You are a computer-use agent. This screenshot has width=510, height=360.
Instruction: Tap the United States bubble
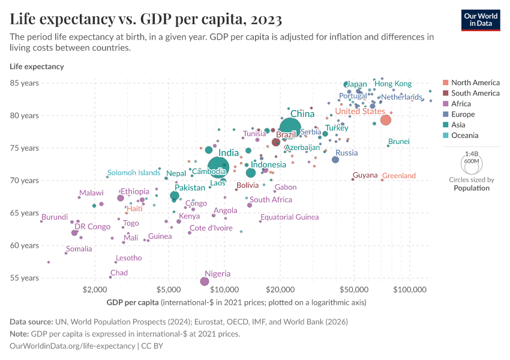click(x=386, y=119)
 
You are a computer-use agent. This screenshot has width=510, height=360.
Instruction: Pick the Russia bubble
click(x=335, y=160)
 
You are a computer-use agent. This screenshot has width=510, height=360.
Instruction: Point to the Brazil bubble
click(x=276, y=142)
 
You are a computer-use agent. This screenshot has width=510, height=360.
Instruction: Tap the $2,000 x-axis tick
click(x=94, y=290)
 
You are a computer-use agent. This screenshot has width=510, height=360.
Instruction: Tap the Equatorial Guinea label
click(x=289, y=217)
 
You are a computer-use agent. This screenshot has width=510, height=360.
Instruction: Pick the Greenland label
click(x=399, y=176)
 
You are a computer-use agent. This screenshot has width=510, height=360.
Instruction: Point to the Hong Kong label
click(x=393, y=84)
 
